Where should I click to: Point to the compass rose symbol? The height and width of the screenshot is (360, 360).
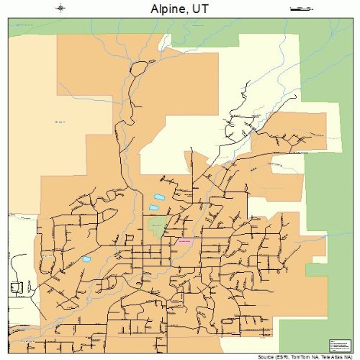click(61, 8)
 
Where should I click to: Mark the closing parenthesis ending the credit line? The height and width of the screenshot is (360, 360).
click(354, 356)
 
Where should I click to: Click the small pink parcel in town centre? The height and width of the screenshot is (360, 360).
click(184, 242)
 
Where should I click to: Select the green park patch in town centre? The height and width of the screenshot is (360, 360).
click(158, 227)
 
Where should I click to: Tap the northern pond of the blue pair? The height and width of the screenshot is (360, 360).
click(159, 197)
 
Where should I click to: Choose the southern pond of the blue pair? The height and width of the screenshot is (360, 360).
click(153, 207)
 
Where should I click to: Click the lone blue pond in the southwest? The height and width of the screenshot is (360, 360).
click(86, 258)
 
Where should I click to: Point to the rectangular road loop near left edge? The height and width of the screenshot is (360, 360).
click(16, 289)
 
